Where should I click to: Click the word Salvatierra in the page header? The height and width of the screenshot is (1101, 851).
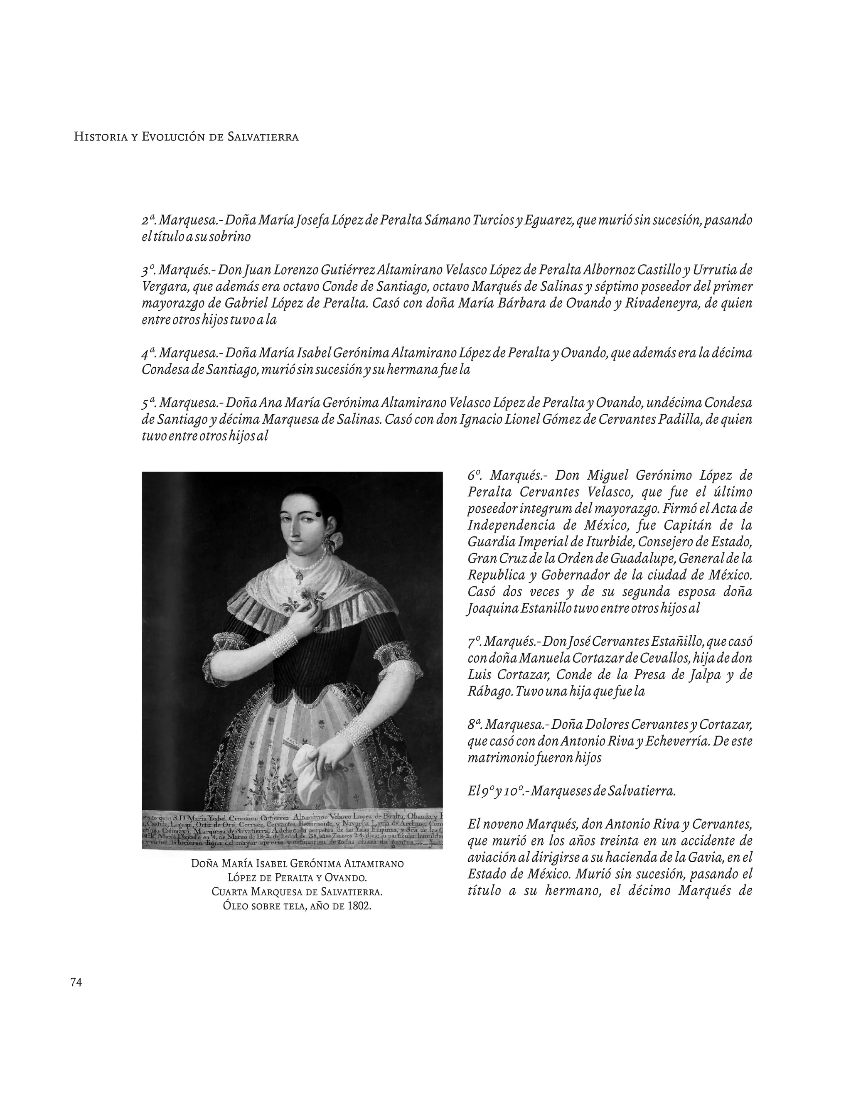tap(262, 137)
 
